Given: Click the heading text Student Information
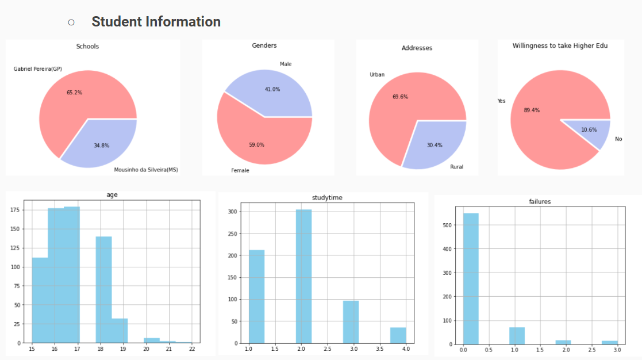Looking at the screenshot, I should point(156,22).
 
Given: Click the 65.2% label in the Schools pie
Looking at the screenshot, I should point(75,93).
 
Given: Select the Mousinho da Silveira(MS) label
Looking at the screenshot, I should point(146,170).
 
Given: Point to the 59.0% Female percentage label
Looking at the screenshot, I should point(256,145).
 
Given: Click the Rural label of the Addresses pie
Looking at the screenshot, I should point(456,167).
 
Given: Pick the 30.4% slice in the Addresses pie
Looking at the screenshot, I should point(435,144).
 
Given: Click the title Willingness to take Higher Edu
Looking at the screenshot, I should point(560,45).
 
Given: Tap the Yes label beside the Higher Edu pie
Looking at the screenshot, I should point(501,101).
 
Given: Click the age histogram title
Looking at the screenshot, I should point(112,195).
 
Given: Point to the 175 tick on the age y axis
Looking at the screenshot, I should point(19,210).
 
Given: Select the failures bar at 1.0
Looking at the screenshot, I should point(517,336).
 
